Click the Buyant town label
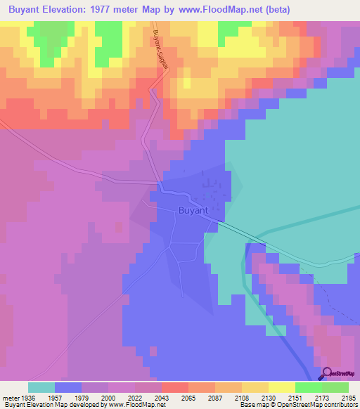click(193, 210)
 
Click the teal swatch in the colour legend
click(41, 387)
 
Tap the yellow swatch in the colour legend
click(281, 387)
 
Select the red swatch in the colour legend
click(174, 387)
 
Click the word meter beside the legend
click(9, 396)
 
